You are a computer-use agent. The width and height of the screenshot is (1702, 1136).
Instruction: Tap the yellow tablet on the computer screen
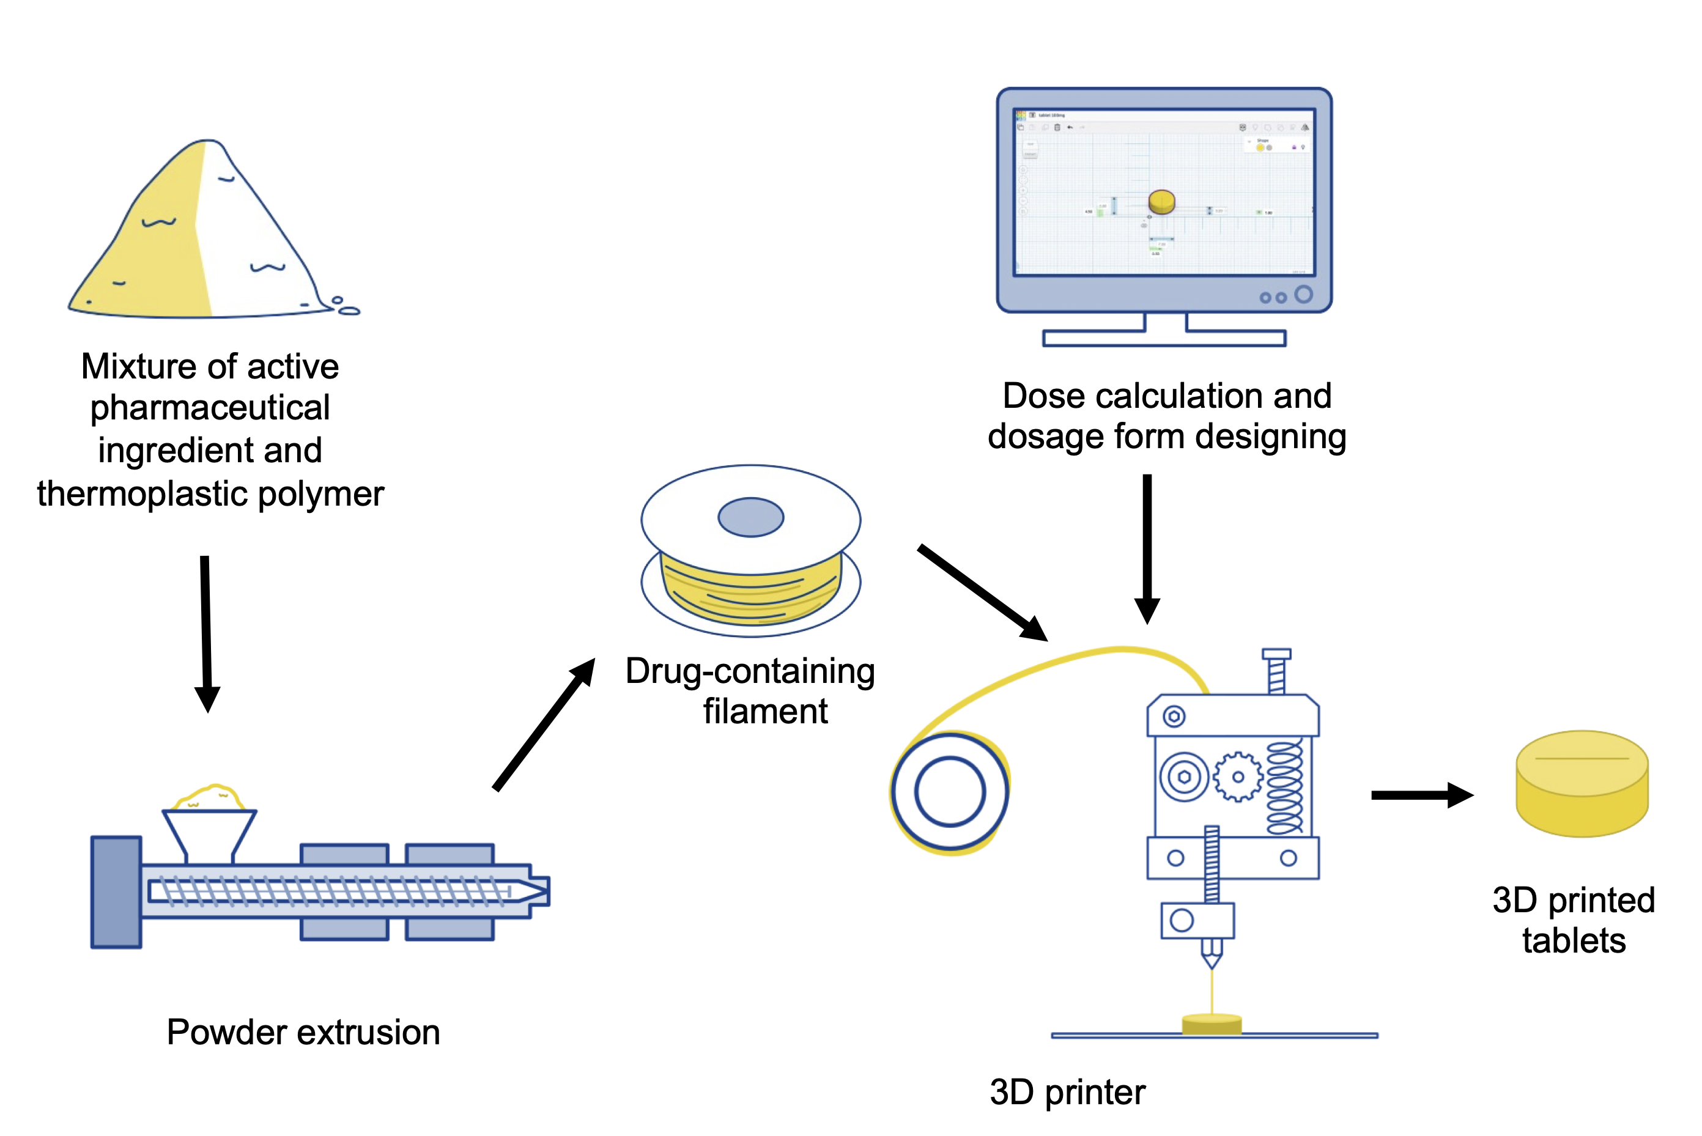pyautogui.click(x=1161, y=201)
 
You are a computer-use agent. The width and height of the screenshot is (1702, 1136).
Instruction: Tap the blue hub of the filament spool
pyautogui.click(x=750, y=517)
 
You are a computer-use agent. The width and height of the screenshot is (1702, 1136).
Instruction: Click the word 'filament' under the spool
pyautogui.click(x=765, y=712)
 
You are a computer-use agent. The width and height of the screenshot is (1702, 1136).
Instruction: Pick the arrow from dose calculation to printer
pyautogui.click(x=1147, y=547)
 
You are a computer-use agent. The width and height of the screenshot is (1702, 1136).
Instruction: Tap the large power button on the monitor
pyautogui.click(x=1303, y=294)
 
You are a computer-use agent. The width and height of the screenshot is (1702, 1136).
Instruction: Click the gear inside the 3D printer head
pyautogui.click(x=1238, y=776)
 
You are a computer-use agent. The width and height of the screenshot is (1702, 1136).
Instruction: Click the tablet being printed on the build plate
pyautogui.click(x=1212, y=1024)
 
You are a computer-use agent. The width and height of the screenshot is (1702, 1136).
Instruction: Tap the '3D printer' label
pyautogui.click(x=1067, y=1092)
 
